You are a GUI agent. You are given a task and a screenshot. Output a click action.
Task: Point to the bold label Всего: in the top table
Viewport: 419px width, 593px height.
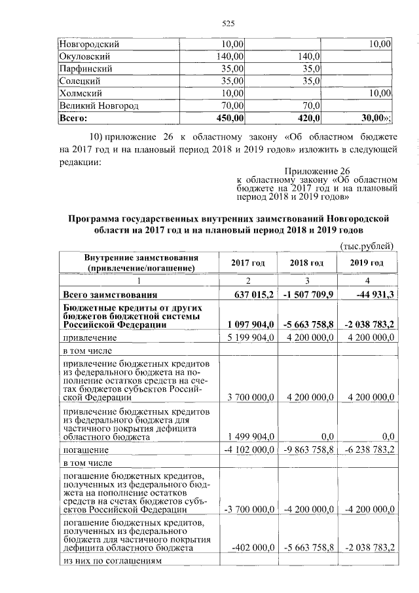(x=73, y=117)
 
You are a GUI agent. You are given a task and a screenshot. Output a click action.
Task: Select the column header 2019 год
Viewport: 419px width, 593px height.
(x=366, y=263)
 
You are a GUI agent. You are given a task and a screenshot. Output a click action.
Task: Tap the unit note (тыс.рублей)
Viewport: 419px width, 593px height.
(x=367, y=246)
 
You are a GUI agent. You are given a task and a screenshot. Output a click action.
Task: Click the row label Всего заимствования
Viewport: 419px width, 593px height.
(x=109, y=294)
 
